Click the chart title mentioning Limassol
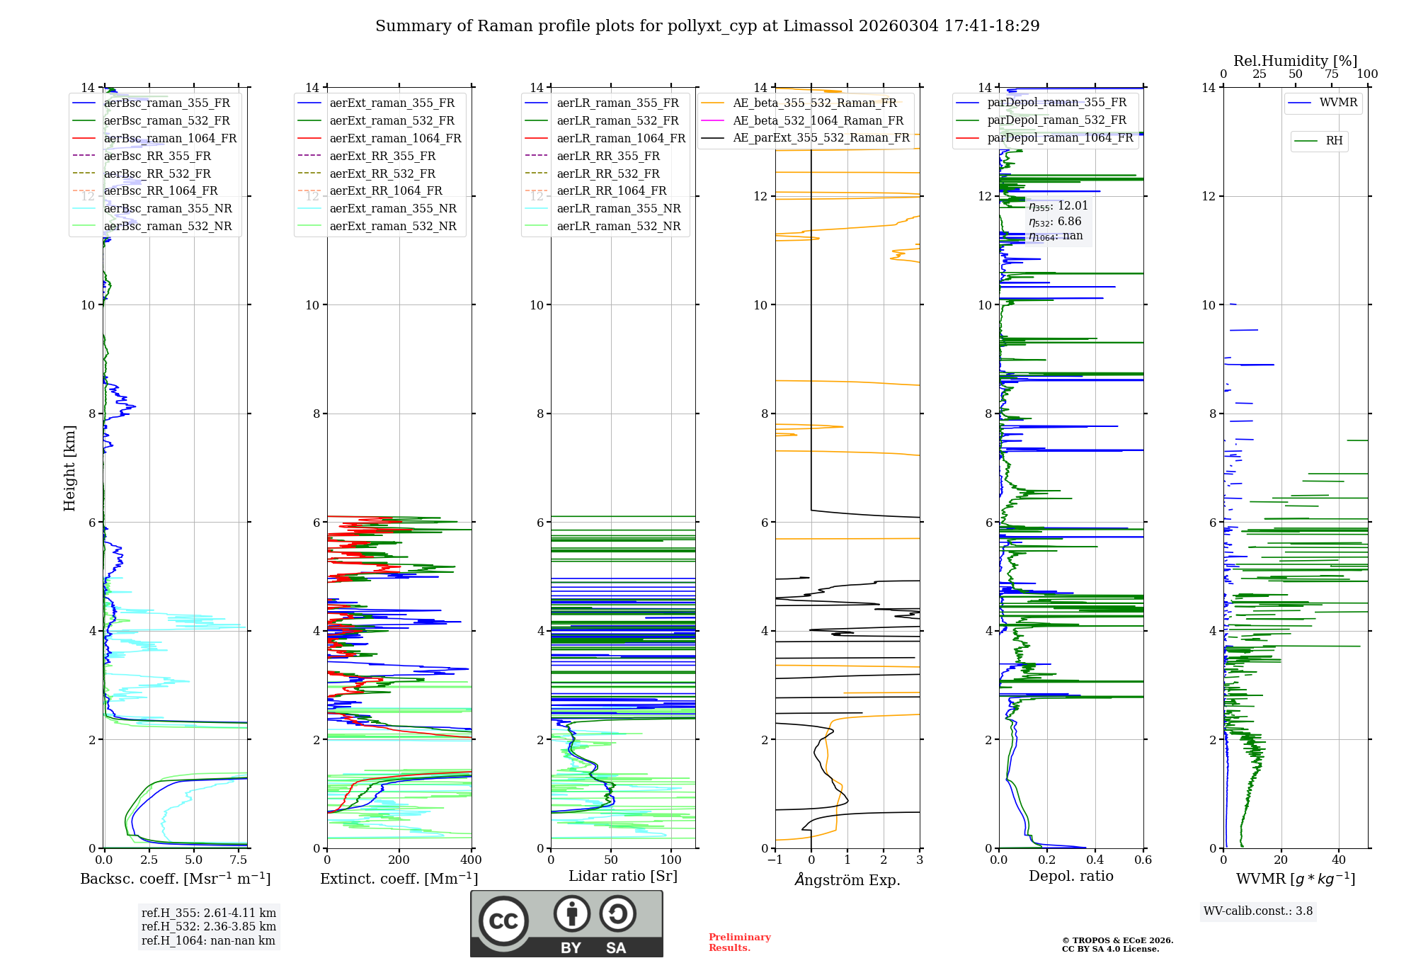coord(707,26)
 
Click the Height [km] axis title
coord(69,467)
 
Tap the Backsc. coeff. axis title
coord(175,879)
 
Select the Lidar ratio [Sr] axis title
coord(623,876)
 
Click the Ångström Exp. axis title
coord(847,879)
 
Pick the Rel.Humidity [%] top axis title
coord(1295,61)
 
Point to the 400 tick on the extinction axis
coord(471,860)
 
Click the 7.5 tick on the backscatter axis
coord(239,860)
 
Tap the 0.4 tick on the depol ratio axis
coord(1095,860)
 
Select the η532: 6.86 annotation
coord(1055,222)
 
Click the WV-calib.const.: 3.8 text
coord(1258,911)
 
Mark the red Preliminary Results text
coord(739,942)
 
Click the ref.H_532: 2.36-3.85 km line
coord(208,927)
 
